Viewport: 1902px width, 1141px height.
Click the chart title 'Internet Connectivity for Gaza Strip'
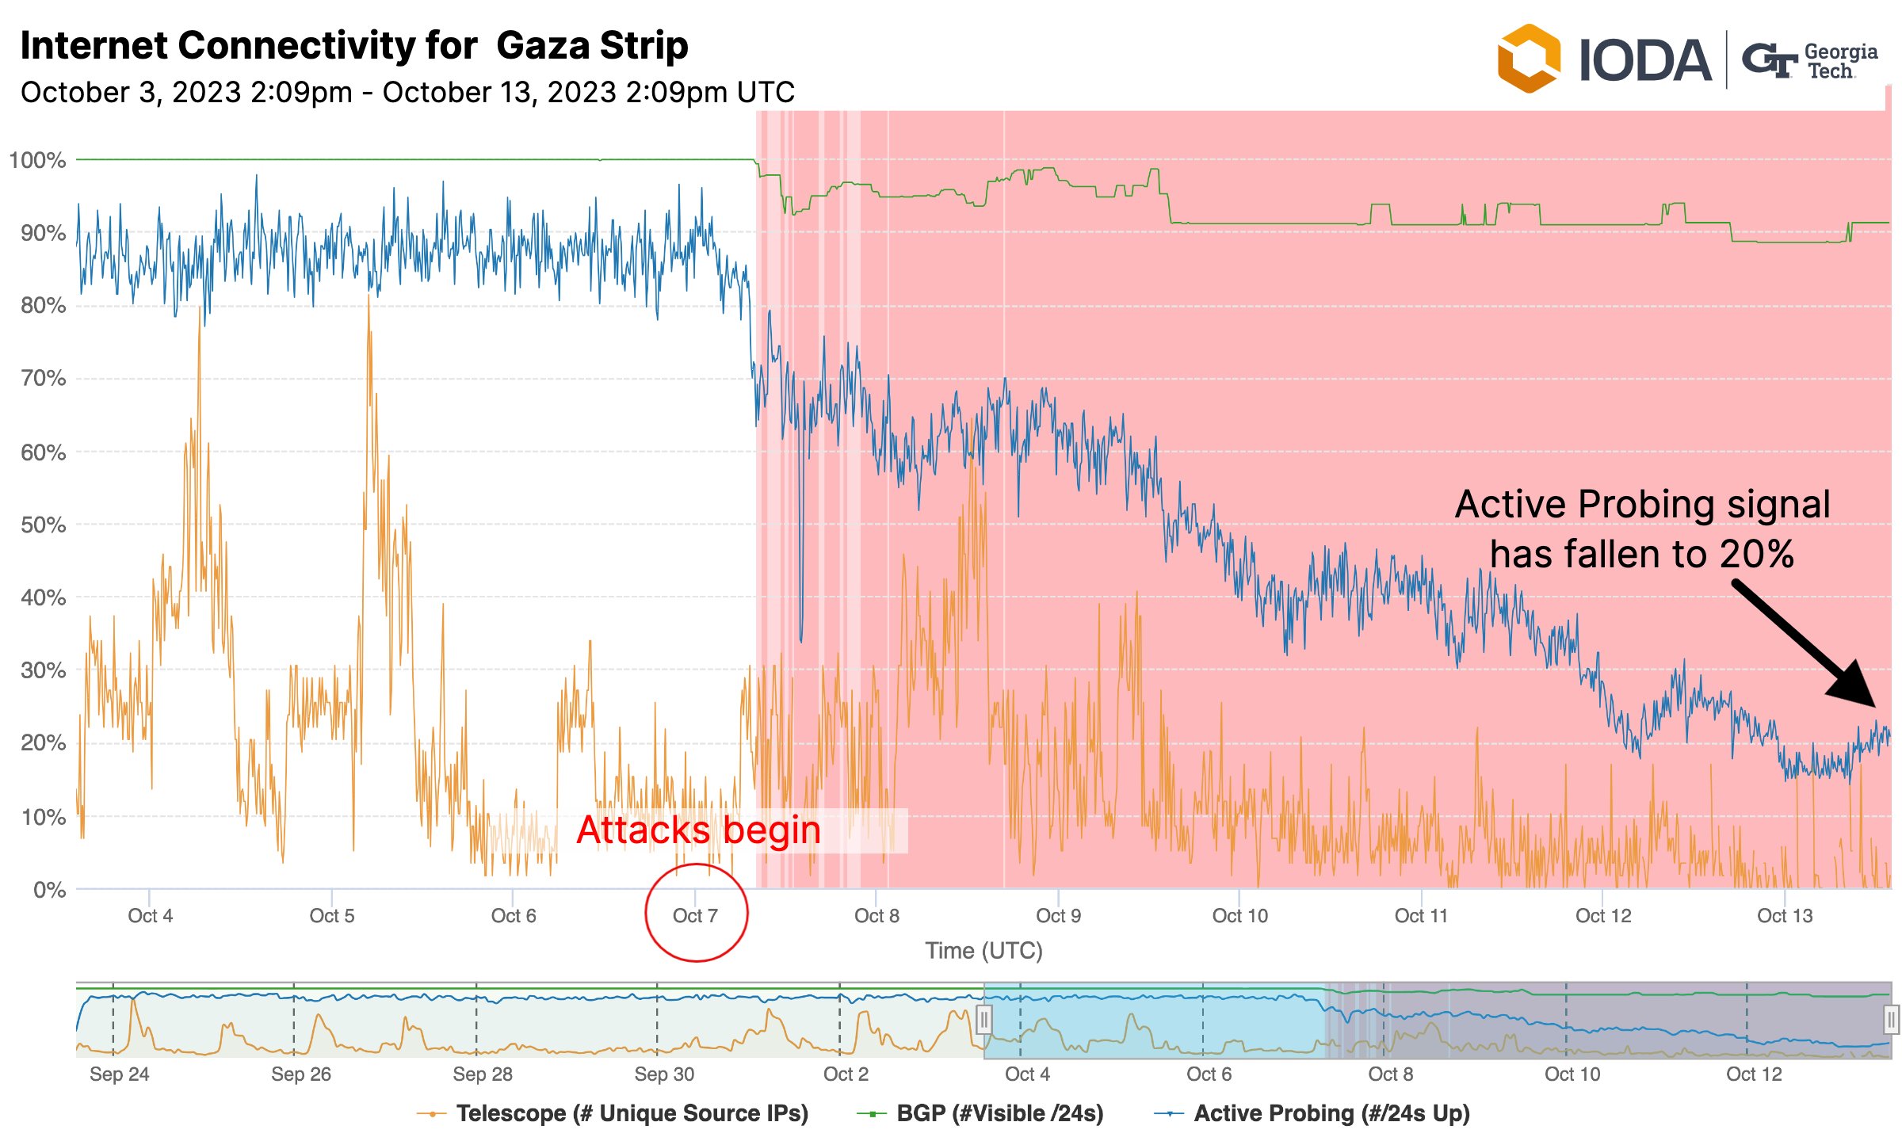click(x=353, y=46)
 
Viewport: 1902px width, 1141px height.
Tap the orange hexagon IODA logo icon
click(x=1528, y=59)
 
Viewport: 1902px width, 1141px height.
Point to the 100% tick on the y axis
click(x=37, y=160)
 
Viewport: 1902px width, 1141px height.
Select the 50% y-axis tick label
click(x=43, y=525)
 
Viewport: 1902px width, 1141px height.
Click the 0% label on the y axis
click(x=49, y=889)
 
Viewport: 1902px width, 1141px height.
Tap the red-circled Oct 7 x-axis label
click(x=695, y=916)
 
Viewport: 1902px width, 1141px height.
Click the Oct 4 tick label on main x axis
click(x=150, y=916)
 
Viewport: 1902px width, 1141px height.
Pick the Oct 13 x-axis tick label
click(x=1785, y=916)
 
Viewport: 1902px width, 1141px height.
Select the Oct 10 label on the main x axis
click(x=1239, y=916)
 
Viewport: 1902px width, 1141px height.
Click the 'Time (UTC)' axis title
click(x=983, y=950)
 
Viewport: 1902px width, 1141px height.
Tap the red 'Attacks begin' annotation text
click(x=698, y=830)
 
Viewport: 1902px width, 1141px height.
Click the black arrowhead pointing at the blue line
click(x=1854, y=686)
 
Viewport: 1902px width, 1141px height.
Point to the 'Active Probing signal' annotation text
click(x=1642, y=505)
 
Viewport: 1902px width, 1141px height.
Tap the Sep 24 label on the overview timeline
click(x=119, y=1074)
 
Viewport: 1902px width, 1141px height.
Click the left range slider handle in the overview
click(x=983, y=1019)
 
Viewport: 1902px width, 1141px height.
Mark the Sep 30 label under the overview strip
click(x=664, y=1074)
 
